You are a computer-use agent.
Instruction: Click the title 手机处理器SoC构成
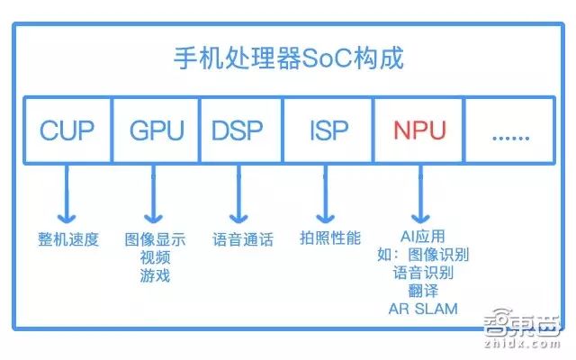(x=288, y=59)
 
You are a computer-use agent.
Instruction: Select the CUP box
(x=67, y=130)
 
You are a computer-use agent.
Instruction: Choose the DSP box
(x=238, y=130)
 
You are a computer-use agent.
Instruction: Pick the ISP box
(x=328, y=130)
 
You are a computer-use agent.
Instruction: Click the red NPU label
(x=418, y=130)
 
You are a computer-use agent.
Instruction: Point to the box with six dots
(x=510, y=130)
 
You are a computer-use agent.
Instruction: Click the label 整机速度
(x=67, y=240)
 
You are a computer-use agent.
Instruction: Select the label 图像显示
(x=156, y=240)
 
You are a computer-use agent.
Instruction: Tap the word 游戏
(x=156, y=275)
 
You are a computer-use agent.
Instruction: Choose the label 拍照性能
(x=330, y=238)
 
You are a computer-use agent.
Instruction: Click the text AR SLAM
(x=423, y=309)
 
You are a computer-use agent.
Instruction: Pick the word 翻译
(x=423, y=291)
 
